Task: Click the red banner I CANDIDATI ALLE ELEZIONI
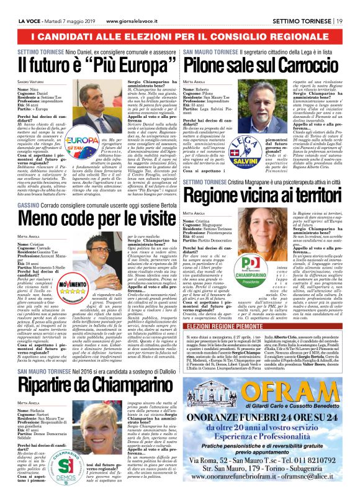pyautogui.click(x=179, y=23)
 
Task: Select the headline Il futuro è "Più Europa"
pyautogui.click(x=90, y=63)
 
